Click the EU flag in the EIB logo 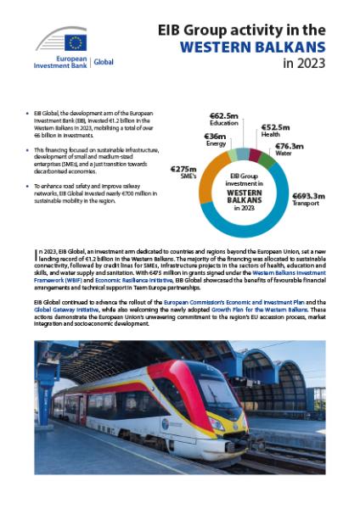(x=74, y=42)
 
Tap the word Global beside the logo (x=103, y=62)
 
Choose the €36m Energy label (x=214, y=139)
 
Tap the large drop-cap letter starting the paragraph (x=37, y=255)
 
